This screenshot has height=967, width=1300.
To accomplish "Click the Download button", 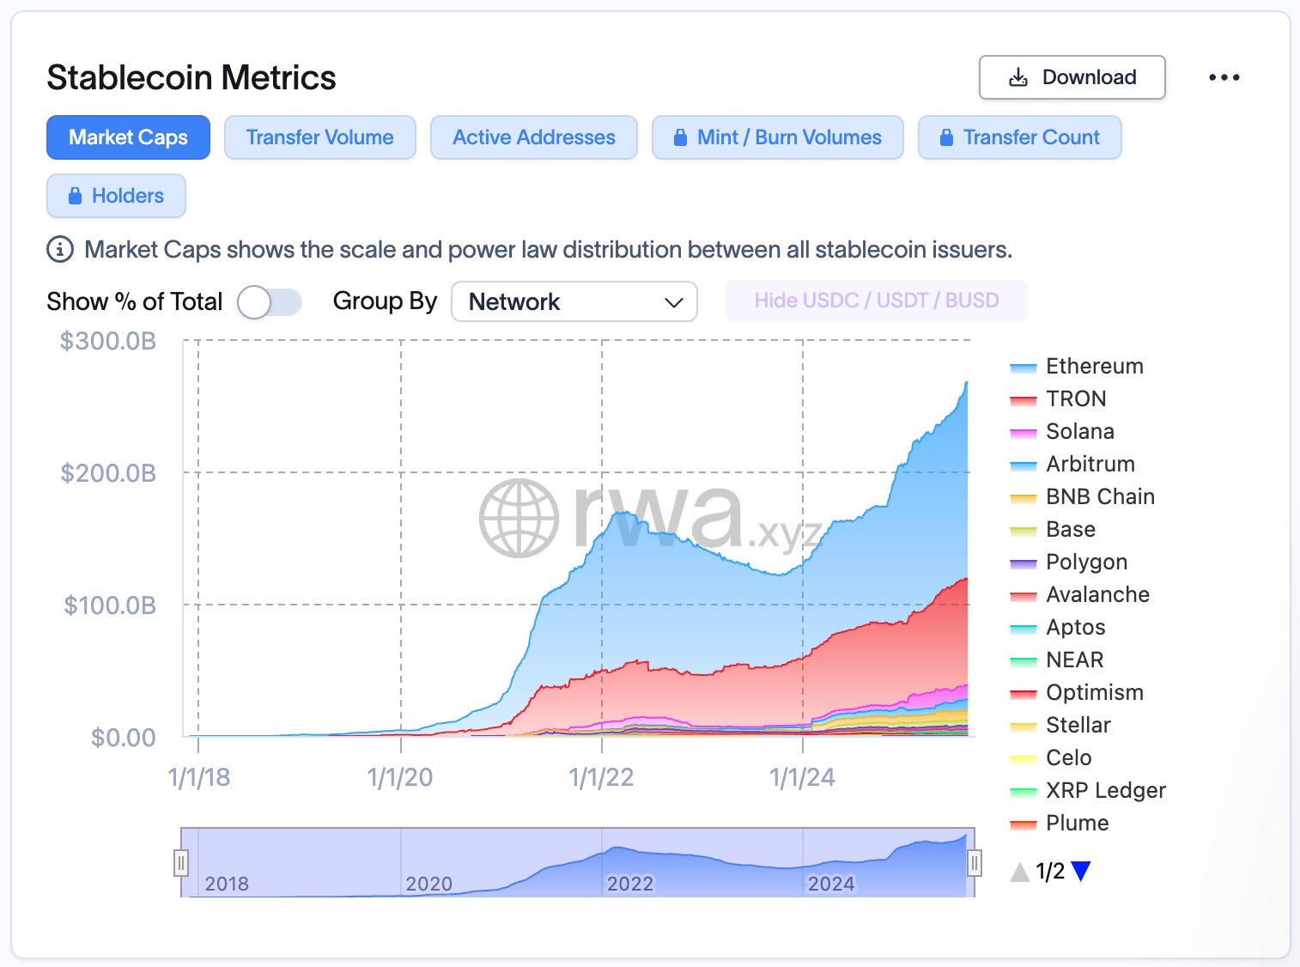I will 1072,77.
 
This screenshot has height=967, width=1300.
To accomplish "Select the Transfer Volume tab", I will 319,137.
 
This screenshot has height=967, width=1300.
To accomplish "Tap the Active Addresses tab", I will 533,137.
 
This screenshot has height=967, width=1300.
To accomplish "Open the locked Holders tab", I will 116,196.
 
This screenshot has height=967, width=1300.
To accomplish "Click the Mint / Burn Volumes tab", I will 777,137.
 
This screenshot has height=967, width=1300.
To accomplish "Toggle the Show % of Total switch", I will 269,302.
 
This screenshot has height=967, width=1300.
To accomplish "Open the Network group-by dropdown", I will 574,302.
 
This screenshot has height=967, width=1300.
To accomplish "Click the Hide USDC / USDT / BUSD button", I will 876,301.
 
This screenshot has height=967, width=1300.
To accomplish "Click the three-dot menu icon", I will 1224,77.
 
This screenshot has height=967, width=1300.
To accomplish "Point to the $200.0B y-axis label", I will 108,473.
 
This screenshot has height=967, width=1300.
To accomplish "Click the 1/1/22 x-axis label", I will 601,778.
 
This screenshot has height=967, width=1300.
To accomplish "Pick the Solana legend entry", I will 1079,432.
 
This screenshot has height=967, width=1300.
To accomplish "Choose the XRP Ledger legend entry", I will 1105,791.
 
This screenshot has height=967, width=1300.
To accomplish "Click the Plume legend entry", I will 1077,824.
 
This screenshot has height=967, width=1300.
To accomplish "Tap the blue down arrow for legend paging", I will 1081,872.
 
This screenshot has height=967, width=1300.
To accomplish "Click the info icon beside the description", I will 59,250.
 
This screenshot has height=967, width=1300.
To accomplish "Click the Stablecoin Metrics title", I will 191,78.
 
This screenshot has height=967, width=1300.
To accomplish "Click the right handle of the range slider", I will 975,862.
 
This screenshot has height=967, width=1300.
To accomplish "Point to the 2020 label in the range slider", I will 428,884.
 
